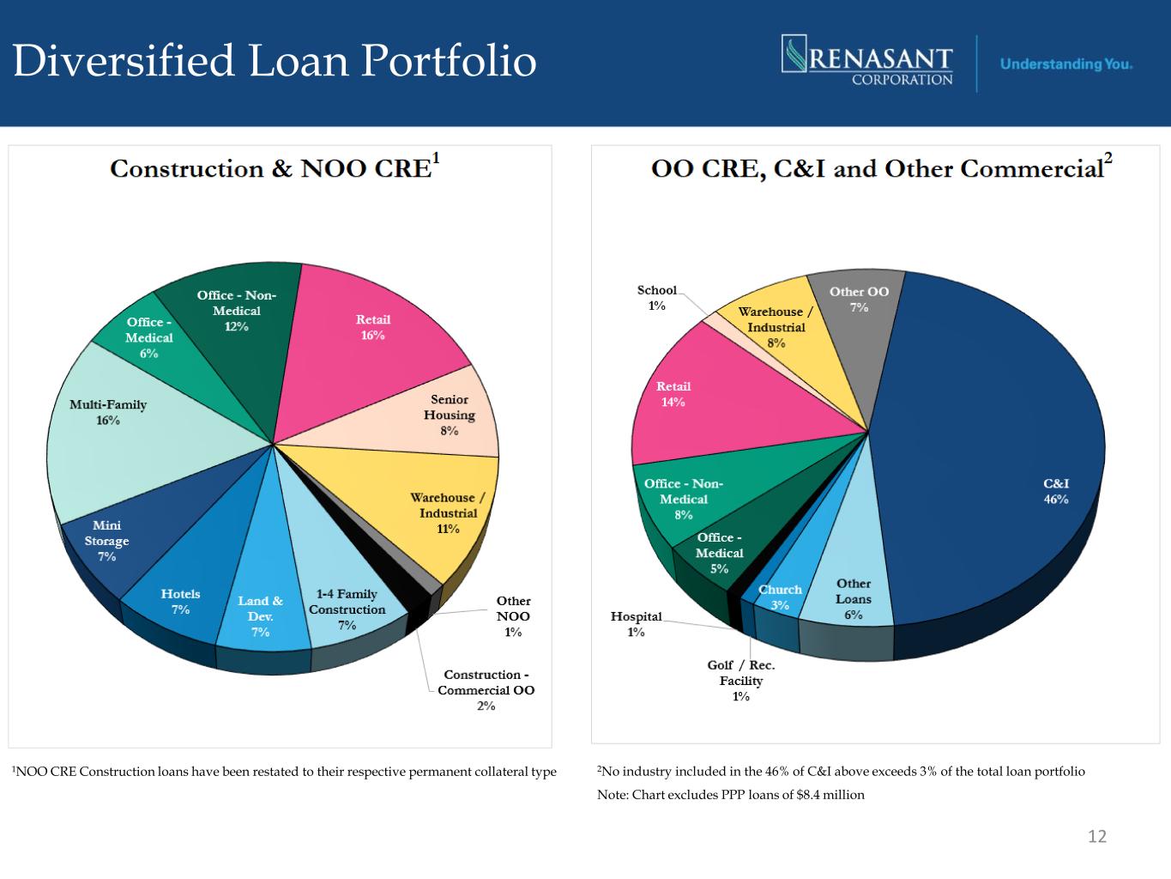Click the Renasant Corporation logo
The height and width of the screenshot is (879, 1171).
[x=867, y=61]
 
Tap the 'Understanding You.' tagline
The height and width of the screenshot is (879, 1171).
[x=1065, y=64]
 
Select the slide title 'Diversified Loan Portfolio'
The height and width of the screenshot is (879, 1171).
[x=275, y=61]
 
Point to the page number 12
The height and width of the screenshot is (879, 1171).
[x=1096, y=836]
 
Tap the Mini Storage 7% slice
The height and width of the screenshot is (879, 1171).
[x=107, y=541]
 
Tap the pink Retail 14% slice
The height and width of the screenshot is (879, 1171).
[x=674, y=394]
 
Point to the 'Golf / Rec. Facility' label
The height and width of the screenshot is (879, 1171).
[x=741, y=680]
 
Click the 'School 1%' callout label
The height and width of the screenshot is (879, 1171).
[x=657, y=298]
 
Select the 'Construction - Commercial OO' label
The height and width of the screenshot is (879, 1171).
[x=486, y=690]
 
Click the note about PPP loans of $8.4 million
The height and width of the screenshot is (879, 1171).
[x=731, y=795]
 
